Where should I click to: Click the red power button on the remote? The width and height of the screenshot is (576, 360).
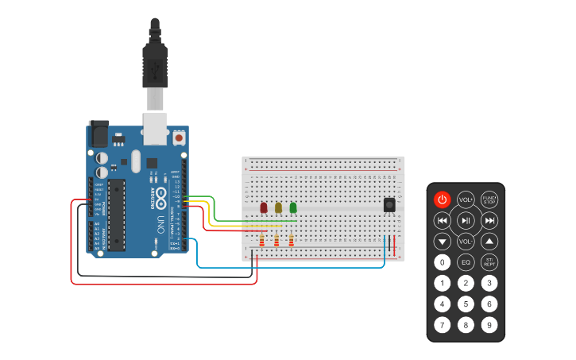(443, 199)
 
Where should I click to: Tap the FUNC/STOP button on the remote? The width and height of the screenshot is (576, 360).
(489, 199)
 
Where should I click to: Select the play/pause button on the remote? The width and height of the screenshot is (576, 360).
(466, 220)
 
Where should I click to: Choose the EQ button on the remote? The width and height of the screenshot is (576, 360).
(466, 261)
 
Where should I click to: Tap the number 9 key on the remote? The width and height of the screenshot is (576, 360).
(489, 324)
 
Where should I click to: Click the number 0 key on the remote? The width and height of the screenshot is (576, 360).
(443, 261)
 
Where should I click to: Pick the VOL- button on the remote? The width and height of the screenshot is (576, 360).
(466, 241)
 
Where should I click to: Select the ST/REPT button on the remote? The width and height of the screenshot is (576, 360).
(489, 261)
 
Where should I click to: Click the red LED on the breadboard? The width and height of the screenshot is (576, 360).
(263, 208)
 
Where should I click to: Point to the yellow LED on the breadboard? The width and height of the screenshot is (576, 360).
(278, 208)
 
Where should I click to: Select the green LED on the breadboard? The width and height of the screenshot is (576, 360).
(292, 208)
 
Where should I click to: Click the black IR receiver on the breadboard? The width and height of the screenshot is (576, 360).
(390, 205)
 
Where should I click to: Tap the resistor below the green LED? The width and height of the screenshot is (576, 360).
(292, 241)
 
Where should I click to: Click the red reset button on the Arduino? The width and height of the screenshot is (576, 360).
(179, 137)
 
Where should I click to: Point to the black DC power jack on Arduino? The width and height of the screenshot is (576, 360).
(99, 133)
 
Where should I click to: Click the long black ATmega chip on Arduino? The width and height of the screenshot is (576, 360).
(117, 213)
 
